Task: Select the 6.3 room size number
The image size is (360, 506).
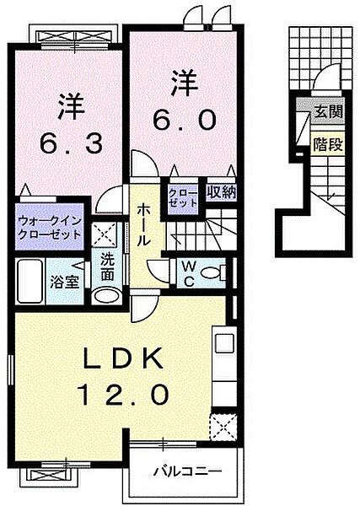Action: [x=72, y=143]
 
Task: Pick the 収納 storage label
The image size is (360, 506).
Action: [x=220, y=192]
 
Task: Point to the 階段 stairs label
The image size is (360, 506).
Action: [x=328, y=144]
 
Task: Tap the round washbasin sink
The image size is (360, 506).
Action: [x=106, y=295]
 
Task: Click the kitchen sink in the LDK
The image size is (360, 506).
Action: [x=225, y=345]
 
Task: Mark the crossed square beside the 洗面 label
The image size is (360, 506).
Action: [x=105, y=233]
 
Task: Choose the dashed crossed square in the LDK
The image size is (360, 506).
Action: [x=223, y=427]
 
